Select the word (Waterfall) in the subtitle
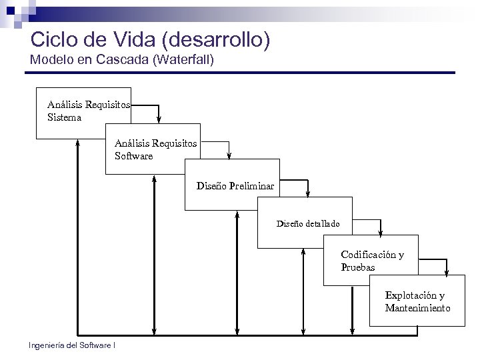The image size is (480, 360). click(183, 60)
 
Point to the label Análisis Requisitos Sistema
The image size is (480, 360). click(88, 111)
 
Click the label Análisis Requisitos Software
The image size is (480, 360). click(155, 149)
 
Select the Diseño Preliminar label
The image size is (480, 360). click(235, 186)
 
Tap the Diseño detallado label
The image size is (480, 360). click(308, 223)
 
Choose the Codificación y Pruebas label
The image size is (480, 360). click(372, 261)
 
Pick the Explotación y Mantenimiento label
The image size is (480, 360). click(417, 301)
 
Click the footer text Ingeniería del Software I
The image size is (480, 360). click(72, 345)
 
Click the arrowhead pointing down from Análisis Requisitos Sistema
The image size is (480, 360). click(159, 120)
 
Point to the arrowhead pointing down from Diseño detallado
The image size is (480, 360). click(381, 233)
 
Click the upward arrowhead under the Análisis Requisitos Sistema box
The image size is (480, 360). click(78, 143)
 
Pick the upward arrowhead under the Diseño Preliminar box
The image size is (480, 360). click(237, 215)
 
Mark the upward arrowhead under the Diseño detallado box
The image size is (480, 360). click(303, 253)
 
